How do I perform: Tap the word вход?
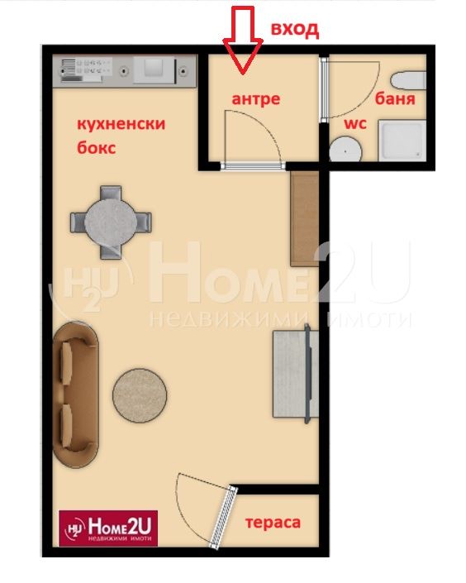pyautogui.click(x=295, y=30)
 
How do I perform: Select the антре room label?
pyautogui.click(x=255, y=99)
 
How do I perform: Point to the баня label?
pyautogui.click(x=395, y=98)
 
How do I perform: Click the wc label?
pyautogui.click(x=355, y=123)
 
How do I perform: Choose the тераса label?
pyautogui.click(x=273, y=523)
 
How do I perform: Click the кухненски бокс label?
pyautogui.click(x=121, y=136)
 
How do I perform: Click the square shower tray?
pyautogui.click(x=402, y=141)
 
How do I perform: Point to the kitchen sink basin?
pyautogui.click(x=154, y=69)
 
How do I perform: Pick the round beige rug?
pyautogui.click(x=140, y=395)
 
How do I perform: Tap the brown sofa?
pyautogui.click(x=75, y=394)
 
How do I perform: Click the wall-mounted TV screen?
pyautogui.click(x=307, y=374)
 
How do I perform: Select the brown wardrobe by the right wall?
pyautogui.click(x=305, y=218)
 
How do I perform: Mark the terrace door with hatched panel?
pyautogui.click(x=224, y=517)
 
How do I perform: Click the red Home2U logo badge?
pyautogui.click(x=108, y=528)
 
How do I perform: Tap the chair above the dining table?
pyautogui.click(x=111, y=194)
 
